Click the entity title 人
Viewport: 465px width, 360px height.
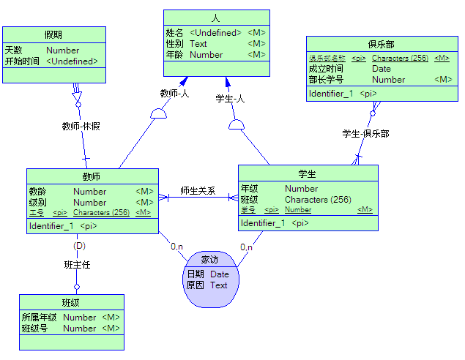click(x=215, y=18)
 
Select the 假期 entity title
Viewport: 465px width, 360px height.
click(x=53, y=34)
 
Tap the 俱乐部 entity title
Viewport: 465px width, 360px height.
click(x=381, y=44)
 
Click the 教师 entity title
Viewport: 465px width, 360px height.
click(x=92, y=176)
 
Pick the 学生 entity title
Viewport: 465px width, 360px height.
click(x=307, y=173)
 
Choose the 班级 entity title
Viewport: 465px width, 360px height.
click(x=71, y=302)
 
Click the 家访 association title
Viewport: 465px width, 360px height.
click(x=209, y=260)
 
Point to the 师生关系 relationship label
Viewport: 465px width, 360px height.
click(x=198, y=191)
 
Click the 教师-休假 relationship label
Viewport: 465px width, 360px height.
click(x=81, y=126)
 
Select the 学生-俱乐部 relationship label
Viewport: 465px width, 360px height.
click(x=365, y=134)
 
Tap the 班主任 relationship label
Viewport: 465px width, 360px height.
click(x=77, y=265)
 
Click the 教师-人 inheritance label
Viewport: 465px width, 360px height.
click(x=174, y=93)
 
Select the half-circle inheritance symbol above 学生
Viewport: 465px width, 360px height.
click(x=236, y=125)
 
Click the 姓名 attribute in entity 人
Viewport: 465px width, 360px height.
click(x=174, y=33)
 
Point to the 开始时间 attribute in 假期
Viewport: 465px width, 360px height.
click(x=22, y=61)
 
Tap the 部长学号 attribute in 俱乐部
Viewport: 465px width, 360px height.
click(x=326, y=80)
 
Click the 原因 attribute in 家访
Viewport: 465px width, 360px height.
click(x=195, y=285)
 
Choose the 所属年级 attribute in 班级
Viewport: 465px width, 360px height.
click(x=40, y=318)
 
